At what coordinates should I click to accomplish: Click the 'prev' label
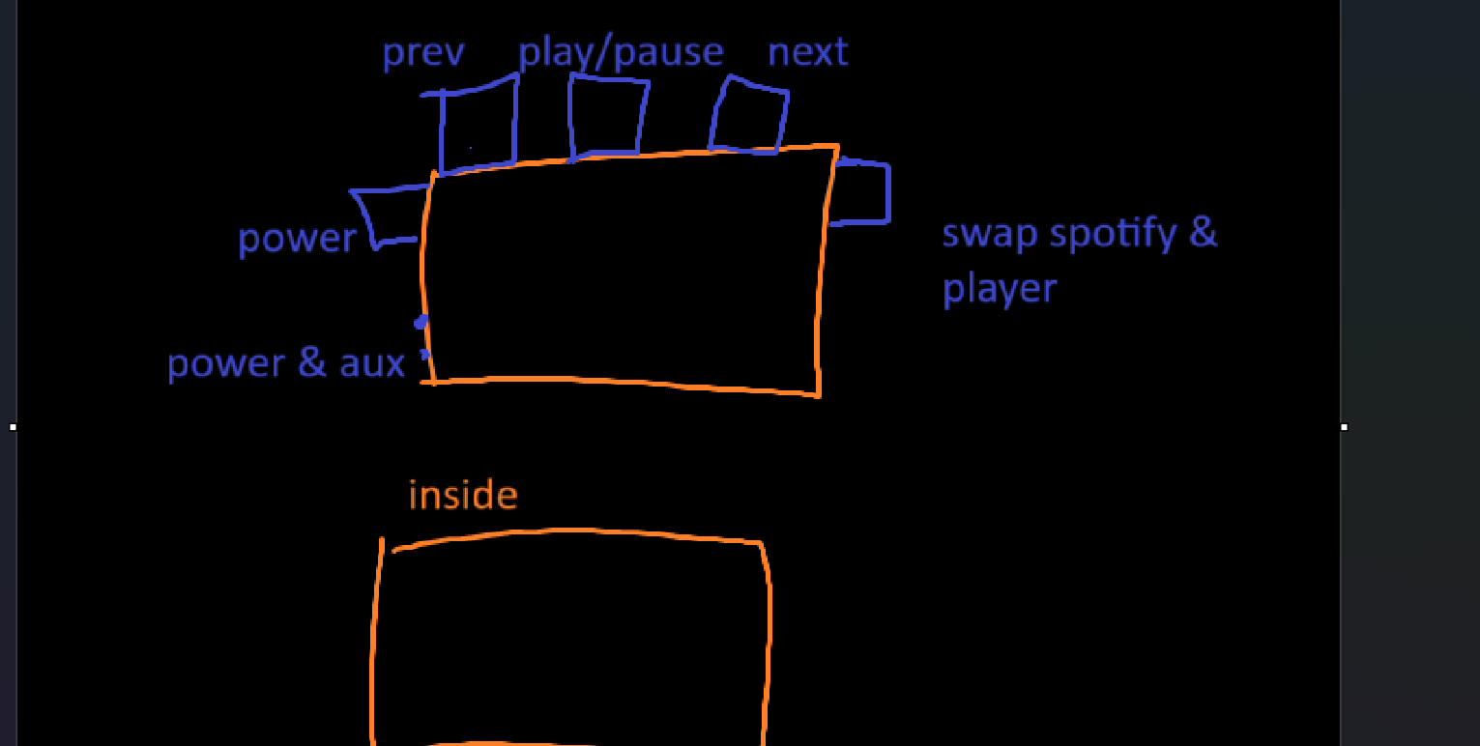point(422,52)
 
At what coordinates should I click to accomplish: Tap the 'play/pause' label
point(621,52)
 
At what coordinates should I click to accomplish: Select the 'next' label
point(807,51)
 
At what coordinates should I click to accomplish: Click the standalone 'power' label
point(297,239)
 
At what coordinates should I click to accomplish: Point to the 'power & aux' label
point(285,363)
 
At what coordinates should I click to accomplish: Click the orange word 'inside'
point(463,496)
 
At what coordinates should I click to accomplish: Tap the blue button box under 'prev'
point(478,128)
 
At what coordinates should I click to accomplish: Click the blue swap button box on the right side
point(862,193)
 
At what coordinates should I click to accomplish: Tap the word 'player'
point(1000,289)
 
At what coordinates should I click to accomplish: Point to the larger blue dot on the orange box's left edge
point(421,323)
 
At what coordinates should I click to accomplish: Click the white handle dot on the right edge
point(1344,426)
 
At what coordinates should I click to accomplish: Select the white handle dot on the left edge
point(13,426)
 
